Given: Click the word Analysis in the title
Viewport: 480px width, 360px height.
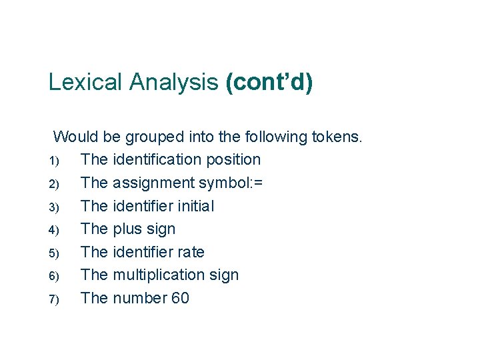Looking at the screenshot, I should (174, 82).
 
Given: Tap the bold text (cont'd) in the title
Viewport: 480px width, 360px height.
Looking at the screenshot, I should (269, 82).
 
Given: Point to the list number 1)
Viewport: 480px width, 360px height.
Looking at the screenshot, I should (55, 161).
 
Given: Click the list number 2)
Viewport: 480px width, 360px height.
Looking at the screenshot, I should (55, 184).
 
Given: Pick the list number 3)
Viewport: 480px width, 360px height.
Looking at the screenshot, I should (55, 207).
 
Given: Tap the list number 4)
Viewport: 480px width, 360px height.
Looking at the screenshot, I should (55, 230).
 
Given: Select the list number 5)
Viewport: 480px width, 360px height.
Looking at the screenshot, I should (55, 253).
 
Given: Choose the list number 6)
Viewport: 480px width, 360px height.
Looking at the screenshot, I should (55, 276).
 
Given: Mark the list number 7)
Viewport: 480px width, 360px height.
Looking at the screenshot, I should (55, 299).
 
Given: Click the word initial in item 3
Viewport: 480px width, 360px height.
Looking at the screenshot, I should (193, 206).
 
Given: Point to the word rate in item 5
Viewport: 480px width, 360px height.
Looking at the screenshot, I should (190, 252).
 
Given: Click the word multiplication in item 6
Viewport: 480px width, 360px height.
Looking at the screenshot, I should (159, 275).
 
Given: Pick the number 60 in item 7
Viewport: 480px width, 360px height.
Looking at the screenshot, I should (180, 298).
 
